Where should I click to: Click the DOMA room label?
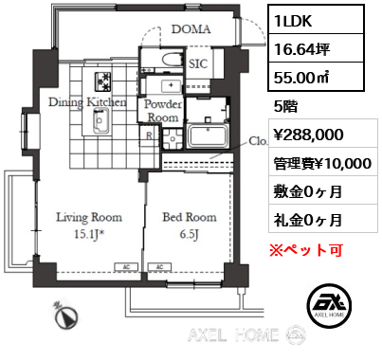191,29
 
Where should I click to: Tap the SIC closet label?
198,63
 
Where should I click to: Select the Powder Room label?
163,111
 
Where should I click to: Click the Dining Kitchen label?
87,102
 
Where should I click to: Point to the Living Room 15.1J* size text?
90,234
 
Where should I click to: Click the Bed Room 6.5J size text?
190,234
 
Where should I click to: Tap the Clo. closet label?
258,141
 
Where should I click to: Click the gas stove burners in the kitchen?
102,82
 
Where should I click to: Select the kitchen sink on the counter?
101,120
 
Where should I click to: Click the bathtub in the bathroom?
208,135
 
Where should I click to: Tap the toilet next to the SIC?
172,59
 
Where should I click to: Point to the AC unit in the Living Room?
126,267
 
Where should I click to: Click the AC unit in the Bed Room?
159,267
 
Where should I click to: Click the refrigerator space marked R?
150,135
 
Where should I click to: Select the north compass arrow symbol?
67,316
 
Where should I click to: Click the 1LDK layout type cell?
316,19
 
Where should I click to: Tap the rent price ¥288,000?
308,135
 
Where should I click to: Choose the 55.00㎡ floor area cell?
316,77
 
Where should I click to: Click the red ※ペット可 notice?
306,250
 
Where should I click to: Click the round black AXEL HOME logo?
329,305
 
